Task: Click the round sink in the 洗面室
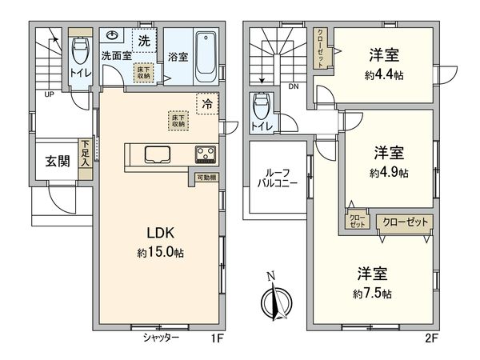[114, 35]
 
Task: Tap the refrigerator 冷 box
[207, 103]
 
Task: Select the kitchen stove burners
[205, 154]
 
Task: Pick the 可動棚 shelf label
[205, 178]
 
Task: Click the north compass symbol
[272, 301]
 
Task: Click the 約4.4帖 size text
[386, 74]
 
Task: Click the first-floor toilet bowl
[82, 52]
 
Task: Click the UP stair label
[50, 94]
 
